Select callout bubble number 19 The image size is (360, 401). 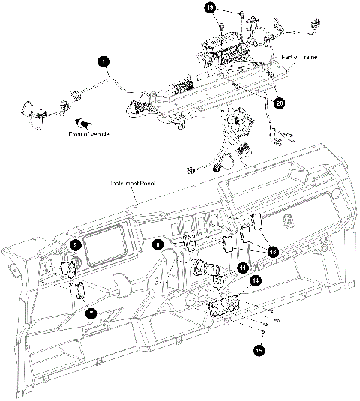pyautogui.click(x=211, y=7)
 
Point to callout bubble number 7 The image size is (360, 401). pyautogui.click(x=91, y=313)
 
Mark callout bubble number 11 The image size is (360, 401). pyautogui.click(x=243, y=267)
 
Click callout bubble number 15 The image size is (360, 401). pyautogui.click(x=259, y=349)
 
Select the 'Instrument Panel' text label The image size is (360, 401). pyautogui.click(x=131, y=184)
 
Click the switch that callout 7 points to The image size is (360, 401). pyautogui.click(x=76, y=291)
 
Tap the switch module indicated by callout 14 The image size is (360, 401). pyautogui.click(x=225, y=307)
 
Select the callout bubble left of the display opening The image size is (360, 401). pyautogui.click(x=76, y=244)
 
